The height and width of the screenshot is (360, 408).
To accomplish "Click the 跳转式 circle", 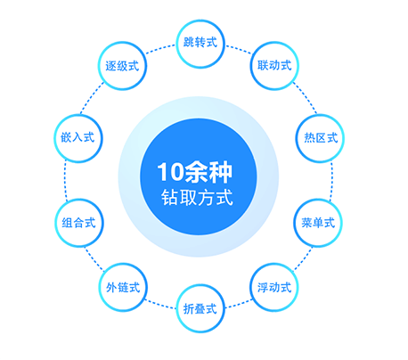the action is (x=200, y=44).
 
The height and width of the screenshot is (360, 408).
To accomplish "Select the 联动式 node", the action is (x=274, y=66).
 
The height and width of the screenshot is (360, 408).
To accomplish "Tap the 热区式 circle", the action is (x=320, y=138).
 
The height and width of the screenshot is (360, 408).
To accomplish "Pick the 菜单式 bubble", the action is (x=318, y=223).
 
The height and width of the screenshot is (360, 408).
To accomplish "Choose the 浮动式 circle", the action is (x=274, y=287).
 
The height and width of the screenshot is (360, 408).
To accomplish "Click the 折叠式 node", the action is (x=200, y=308).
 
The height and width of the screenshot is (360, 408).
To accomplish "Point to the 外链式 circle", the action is (x=123, y=287).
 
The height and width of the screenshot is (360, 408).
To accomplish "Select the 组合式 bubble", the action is (x=79, y=223).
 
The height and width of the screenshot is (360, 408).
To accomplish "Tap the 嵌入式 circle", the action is (x=78, y=138).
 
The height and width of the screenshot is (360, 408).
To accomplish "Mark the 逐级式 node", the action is (x=122, y=66).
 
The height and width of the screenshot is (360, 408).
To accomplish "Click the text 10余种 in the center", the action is (x=194, y=172).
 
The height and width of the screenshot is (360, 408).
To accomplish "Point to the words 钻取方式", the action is (x=197, y=197).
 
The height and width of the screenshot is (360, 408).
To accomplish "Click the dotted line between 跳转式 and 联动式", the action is (x=239, y=49).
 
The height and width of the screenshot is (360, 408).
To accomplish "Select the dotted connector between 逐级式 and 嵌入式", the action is (x=92, y=98).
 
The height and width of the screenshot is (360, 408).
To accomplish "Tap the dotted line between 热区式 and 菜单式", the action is (x=331, y=180).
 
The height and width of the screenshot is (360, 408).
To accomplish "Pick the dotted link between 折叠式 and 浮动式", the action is (x=239, y=304).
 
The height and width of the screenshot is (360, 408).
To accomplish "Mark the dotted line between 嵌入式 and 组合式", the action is (x=65, y=180).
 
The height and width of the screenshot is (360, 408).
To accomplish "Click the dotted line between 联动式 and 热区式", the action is (x=305, y=98).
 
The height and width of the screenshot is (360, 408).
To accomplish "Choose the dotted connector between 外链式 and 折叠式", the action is (x=160, y=304).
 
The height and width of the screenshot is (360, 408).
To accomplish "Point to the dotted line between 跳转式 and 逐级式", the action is (x=160, y=49).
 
